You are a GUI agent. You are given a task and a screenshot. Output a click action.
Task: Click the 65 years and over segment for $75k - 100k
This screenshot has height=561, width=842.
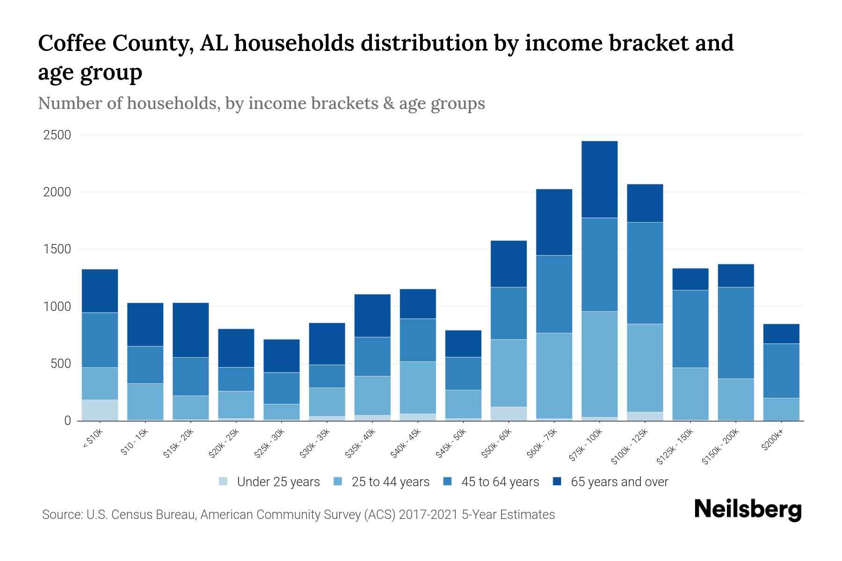click(x=599, y=180)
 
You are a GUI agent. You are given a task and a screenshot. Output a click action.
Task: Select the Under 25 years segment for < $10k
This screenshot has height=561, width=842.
click(x=100, y=410)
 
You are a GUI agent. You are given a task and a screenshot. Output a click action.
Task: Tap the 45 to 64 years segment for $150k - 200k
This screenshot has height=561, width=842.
click(x=736, y=333)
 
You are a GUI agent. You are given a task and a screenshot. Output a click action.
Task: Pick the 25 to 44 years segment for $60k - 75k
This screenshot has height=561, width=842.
click(x=554, y=375)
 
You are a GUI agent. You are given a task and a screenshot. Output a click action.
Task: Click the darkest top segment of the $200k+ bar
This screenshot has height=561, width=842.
click(x=781, y=334)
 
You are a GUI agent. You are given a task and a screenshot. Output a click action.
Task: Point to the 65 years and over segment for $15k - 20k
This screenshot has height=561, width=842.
click(x=190, y=330)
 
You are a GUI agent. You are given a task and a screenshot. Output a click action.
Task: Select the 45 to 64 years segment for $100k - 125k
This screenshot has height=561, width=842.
click(x=645, y=273)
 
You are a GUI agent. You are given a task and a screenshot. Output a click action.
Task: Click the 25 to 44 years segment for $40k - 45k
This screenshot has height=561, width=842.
click(x=418, y=387)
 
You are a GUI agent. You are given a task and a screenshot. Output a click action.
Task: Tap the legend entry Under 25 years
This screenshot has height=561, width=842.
click(x=278, y=482)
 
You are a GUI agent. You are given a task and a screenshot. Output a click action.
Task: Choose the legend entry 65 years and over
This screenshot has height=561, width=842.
click(x=619, y=482)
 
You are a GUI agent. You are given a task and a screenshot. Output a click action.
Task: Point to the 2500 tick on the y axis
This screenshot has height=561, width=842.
click(x=57, y=136)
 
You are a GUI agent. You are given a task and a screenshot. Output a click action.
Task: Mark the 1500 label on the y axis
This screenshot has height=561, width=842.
click(x=57, y=250)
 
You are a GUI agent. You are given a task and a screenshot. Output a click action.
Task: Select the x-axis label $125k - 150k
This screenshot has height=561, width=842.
click(x=675, y=448)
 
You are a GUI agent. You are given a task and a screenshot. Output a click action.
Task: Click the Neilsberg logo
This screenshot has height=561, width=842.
click(x=748, y=510)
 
